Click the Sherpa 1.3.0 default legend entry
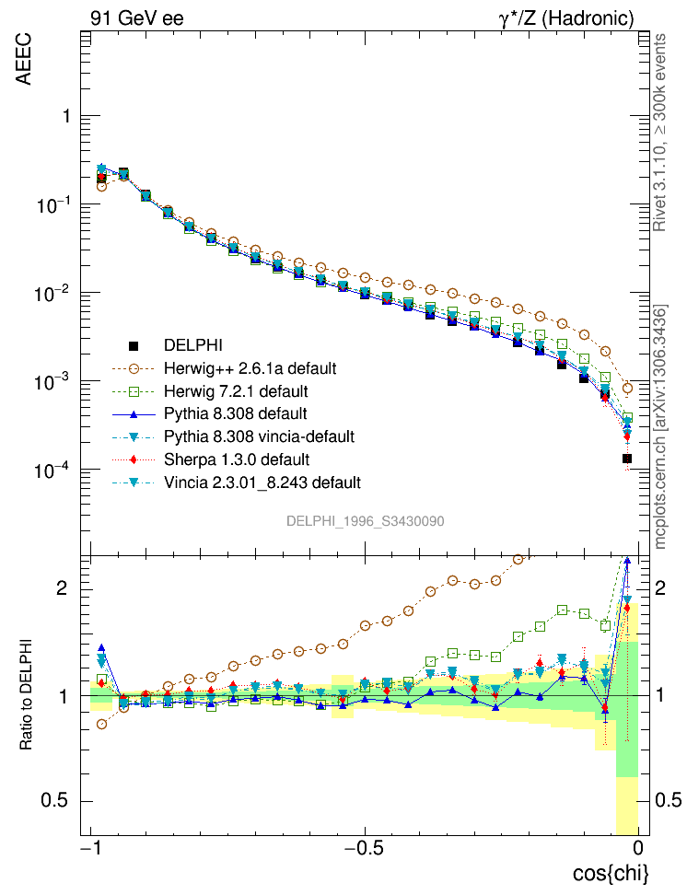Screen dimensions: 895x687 click(237, 459)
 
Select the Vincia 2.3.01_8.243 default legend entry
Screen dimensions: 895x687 click(262, 482)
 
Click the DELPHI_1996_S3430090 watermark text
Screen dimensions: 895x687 click(366, 521)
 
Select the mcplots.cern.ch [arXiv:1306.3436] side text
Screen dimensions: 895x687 click(660, 425)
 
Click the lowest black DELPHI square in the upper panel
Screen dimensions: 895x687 click(627, 458)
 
